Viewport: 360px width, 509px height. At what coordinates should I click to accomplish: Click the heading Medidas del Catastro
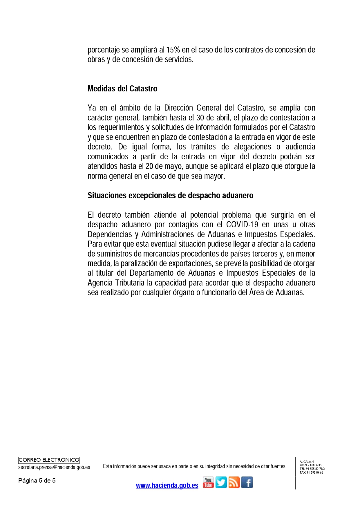[122, 89]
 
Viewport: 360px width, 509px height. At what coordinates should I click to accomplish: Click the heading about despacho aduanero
[170, 195]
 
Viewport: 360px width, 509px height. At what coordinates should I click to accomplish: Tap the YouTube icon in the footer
[208, 482]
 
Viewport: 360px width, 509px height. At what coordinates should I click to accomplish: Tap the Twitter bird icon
[221, 482]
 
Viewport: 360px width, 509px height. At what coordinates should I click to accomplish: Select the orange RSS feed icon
[234, 482]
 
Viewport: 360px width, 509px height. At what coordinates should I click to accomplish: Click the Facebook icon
[247, 482]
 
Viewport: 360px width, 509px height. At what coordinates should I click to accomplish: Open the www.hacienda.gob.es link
[167, 485]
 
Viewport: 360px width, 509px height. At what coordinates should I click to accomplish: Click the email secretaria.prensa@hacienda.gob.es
[54, 467]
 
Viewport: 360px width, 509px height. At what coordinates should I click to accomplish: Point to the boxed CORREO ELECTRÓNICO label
[49, 460]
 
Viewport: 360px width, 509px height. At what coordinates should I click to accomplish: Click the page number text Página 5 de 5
[37, 481]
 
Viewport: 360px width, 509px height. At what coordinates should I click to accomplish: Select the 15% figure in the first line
[173, 50]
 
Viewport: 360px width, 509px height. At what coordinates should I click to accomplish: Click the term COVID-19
[242, 225]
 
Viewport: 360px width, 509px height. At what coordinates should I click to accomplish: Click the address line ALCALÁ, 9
[307, 462]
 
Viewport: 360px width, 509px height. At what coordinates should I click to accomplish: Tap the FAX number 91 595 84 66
[314, 472]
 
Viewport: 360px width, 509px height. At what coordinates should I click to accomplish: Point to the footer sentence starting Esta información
[194, 466]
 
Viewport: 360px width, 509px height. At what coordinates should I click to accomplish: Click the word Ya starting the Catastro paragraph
[92, 108]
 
